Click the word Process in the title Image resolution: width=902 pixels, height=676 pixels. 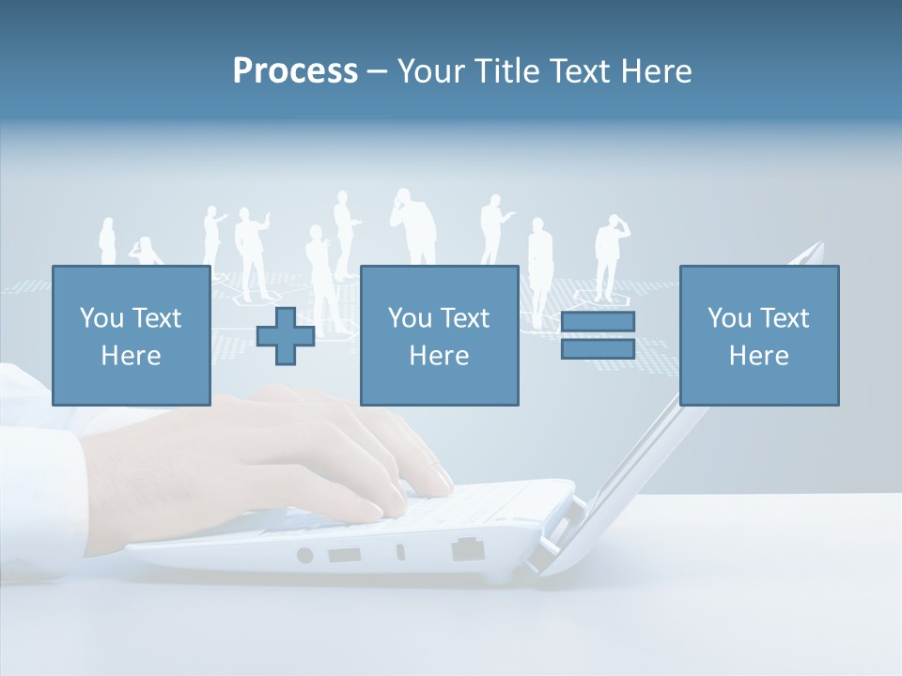tap(295, 71)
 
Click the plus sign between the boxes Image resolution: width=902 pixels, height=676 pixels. tap(286, 336)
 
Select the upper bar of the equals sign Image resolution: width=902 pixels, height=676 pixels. tap(599, 322)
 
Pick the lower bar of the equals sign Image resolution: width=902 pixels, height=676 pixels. tap(599, 348)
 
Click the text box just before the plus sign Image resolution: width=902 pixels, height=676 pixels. tap(131, 335)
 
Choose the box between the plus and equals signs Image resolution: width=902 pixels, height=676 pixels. tap(439, 335)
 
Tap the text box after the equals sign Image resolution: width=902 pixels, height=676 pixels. tap(758, 335)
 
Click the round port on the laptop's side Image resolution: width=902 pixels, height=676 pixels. tap(304, 555)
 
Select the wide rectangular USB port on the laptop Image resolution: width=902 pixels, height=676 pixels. tap(344, 555)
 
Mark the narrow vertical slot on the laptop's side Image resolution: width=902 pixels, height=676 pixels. tap(400, 552)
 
